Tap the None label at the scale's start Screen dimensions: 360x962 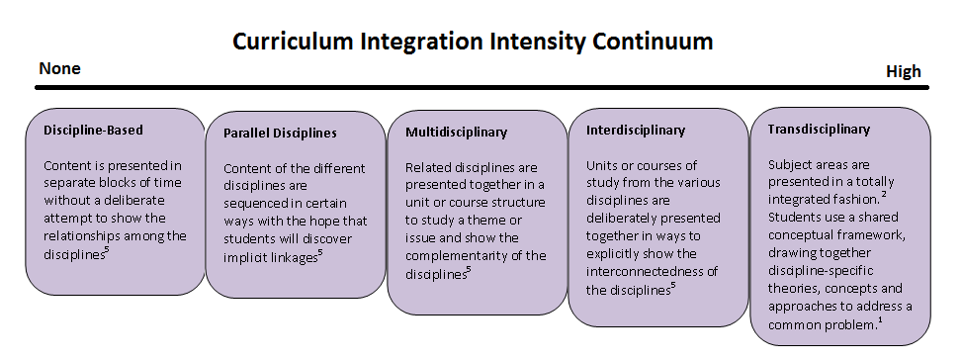pyautogui.click(x=59, y=68)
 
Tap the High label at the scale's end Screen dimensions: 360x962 pyautogui.click(x=903, y=71)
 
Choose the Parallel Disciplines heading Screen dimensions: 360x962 pyautogui.click(x=280, y=133)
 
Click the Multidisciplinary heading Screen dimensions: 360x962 pyautogui.click(x=456, y=132)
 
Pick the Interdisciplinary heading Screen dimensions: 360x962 pyautogui.click(x=635, y=130)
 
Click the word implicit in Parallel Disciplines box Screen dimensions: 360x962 pyautogui.click(x=246, y=258)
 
